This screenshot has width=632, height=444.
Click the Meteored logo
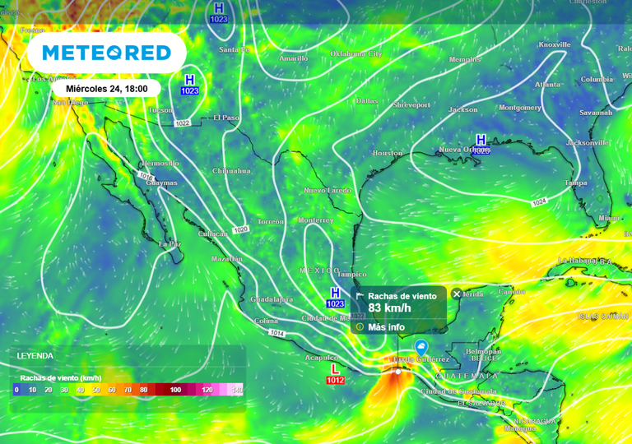click(x=106, y=53)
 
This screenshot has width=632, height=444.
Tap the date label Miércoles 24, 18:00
click(x=106, y=88)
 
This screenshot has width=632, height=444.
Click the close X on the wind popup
click(x=457, y=294)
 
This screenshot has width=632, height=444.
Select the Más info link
click(x=385, y=326)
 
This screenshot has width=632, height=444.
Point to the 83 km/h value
click(x=389, y=308)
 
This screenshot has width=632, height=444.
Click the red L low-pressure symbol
click(x=335, y=370)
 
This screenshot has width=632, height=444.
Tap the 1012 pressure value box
click(x=335, y=381)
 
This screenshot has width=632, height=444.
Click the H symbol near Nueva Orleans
click(x=481, y=140)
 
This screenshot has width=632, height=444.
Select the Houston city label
click(x=388, y=153)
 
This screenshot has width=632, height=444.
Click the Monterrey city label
click(x=316, y=220)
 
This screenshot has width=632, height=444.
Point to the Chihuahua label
click(x=231, y=171)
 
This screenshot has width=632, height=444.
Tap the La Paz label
click(x=170, y=244)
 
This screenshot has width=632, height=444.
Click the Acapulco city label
click(x=321, y=358)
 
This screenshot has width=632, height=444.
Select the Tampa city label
click(x=575, y=183)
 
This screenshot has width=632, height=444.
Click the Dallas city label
click(x=366, y=101)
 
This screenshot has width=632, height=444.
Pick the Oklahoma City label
click(x=356, y=53)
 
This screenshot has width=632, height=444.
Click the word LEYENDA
click(x=35, y=356)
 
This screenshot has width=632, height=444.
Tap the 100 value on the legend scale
click(x=175, y=389)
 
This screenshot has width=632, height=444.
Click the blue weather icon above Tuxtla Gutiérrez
click(x=421, y=347)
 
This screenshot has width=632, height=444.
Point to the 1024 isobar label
click(x=539, y=201)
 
